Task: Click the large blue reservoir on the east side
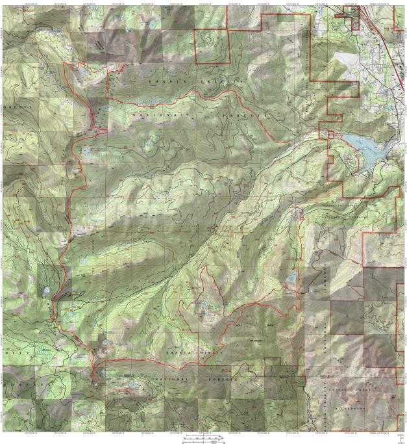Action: (364, 150)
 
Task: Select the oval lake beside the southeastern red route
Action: (291, 280)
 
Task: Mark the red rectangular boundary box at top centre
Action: (213, 46)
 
